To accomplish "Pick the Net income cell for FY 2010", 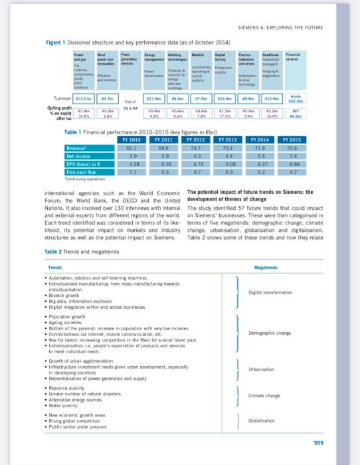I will [x=133, y=155].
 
